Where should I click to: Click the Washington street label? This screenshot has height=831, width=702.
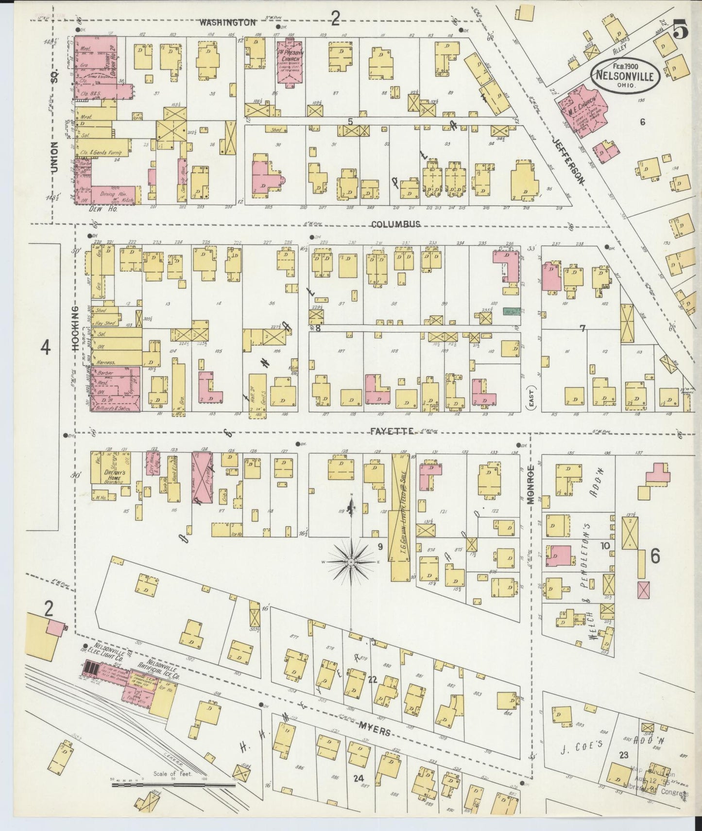227,22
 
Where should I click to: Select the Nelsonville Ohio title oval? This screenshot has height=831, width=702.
625,74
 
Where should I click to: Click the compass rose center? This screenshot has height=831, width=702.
351,562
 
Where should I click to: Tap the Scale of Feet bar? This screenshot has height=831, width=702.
172,784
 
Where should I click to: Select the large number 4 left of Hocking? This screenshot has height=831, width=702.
46,347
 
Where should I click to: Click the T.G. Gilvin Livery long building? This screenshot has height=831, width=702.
400,518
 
